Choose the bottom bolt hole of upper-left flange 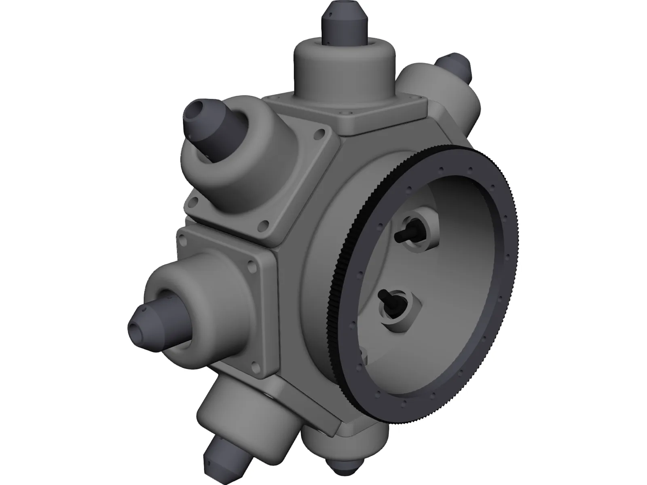pos(265,225)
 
